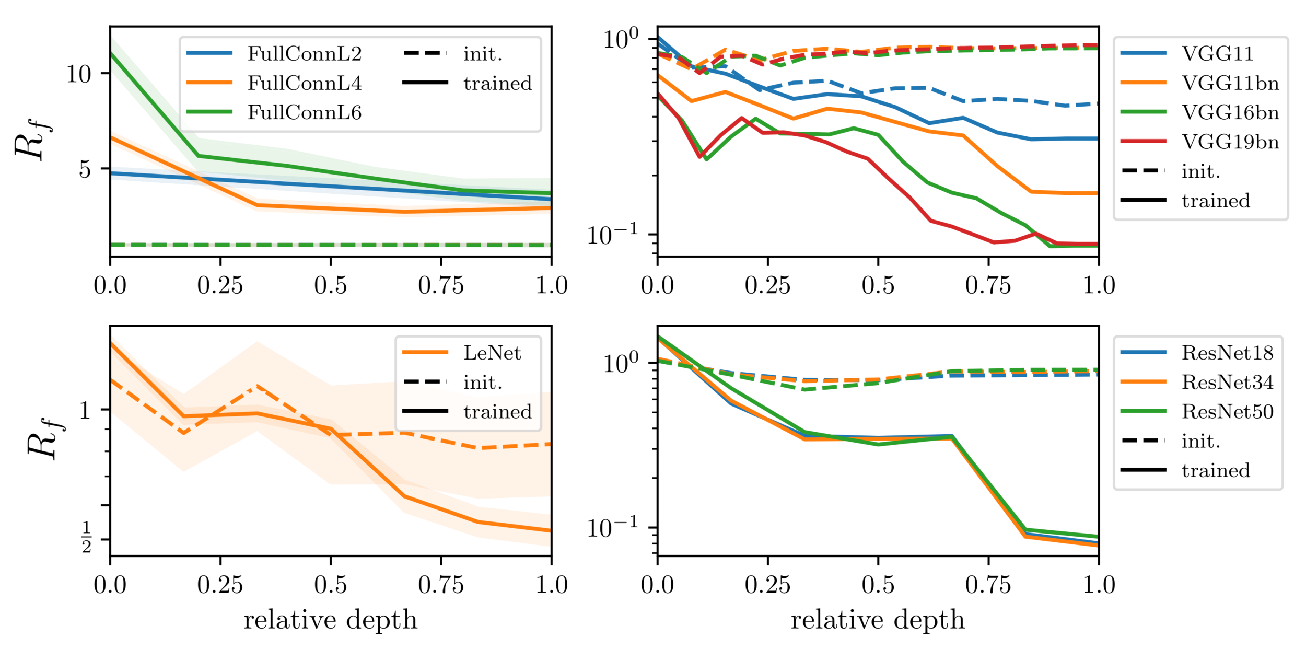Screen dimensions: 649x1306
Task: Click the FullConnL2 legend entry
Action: point(304,54)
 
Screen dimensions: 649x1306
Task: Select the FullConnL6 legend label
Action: point(304,112)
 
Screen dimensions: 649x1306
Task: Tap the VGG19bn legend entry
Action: point(1230,142)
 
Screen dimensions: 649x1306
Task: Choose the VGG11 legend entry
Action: point(1217,54)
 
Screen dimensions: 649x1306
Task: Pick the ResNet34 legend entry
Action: point(1227,382)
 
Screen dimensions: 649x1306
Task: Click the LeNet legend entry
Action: point(492,353)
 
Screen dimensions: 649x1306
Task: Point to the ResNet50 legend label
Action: point(1227,411)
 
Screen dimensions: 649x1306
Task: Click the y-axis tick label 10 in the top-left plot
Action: point(79,74)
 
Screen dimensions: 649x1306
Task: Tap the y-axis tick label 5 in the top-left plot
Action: point(85,169)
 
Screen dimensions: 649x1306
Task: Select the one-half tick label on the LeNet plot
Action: point(86,538)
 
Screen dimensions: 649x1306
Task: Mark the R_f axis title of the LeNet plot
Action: point(45,439)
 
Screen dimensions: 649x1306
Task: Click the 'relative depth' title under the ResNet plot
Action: point(878,620)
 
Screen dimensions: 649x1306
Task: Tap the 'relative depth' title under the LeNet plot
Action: point(330,620)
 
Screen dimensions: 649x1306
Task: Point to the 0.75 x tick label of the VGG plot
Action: point(988,285)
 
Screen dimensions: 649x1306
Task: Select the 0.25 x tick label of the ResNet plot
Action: point(767,585)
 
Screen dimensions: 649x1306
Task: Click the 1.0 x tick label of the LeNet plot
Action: point(552,585)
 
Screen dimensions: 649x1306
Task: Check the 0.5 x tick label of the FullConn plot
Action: point(330,285)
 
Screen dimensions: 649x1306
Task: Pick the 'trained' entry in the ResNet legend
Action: point(1216,470)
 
